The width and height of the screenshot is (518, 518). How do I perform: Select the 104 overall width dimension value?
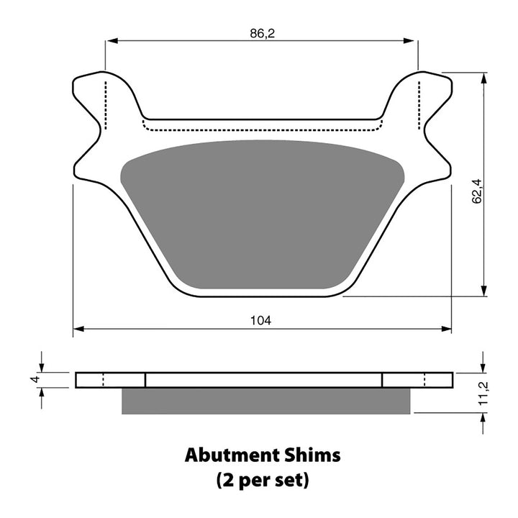[262, 320]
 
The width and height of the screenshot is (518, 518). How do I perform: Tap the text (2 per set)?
[262, 480]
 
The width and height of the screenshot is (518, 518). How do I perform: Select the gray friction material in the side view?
[266, 401]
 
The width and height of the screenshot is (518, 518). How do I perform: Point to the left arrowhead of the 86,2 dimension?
[110, 41]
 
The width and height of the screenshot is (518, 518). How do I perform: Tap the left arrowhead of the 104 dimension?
[78, 329]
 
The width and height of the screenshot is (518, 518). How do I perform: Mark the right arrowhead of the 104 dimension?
[447, 329]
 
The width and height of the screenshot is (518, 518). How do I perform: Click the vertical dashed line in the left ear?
[106, 104]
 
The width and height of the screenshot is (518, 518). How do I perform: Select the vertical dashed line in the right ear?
[419, 104]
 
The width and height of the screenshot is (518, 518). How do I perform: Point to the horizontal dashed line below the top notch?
[262, 131]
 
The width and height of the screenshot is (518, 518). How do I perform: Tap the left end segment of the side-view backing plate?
[110, 380]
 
